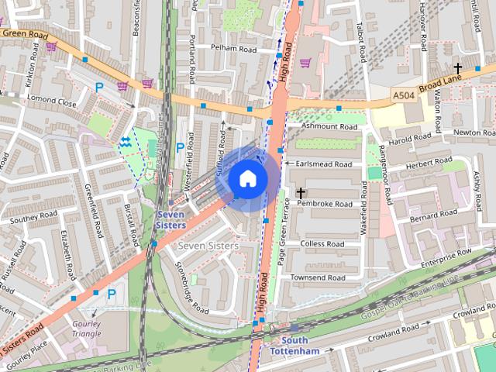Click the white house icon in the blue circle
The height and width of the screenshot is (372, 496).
pos(247,178)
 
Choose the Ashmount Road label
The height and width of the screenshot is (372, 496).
pos(329,126)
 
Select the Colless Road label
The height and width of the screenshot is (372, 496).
pos(322,243)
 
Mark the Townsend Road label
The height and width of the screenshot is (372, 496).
pos(318,277)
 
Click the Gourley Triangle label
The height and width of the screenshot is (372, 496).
pos(87,329)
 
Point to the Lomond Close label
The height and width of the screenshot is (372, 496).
pos(52,102)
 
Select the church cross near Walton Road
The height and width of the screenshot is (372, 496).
pos(458,68)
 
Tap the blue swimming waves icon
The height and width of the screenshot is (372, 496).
pos(126,141)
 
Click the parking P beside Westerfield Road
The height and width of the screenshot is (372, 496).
pos(180,147)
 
